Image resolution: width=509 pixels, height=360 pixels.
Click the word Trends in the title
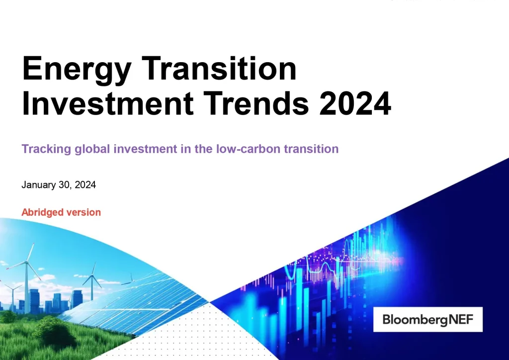267,103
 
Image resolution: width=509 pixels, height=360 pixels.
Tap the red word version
83,212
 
